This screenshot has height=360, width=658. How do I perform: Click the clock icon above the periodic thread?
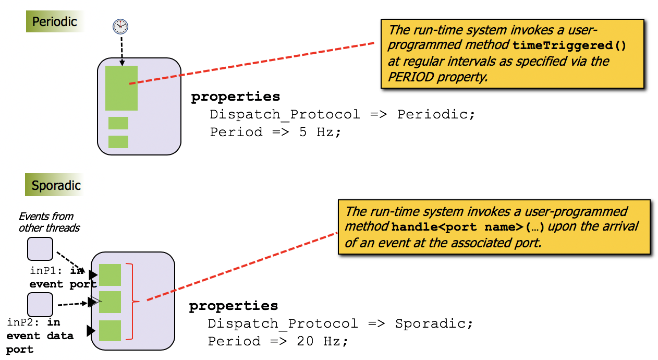coord(120,26)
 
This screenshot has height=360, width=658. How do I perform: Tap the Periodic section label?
coord(54,21)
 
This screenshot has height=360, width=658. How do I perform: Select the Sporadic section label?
coord(56,185)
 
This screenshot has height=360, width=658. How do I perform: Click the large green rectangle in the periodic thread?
coord(121,88)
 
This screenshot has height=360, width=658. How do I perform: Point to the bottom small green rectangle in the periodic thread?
coord(118,142)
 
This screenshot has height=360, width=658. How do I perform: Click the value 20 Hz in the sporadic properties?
coord(322,341)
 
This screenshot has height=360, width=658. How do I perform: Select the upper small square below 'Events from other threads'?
coord(40,249)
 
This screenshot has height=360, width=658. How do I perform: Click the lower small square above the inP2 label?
coord(40,305)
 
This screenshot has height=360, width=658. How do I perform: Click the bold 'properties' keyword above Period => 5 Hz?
coord(235,97)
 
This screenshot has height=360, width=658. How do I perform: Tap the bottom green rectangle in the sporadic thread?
coord(110,331)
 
